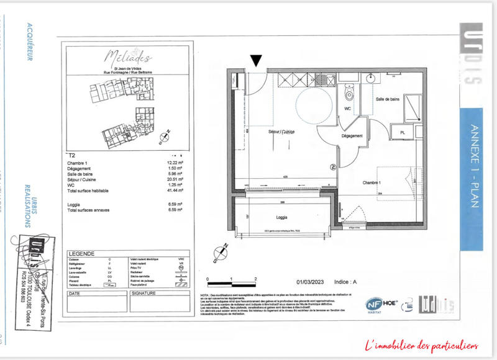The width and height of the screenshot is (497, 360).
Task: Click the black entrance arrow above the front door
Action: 257,60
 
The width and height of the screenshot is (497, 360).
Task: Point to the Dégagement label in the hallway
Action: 352,136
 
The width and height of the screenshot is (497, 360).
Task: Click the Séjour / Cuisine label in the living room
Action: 281,132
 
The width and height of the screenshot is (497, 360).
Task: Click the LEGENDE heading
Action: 81,254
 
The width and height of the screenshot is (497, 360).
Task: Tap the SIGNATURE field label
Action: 144,292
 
